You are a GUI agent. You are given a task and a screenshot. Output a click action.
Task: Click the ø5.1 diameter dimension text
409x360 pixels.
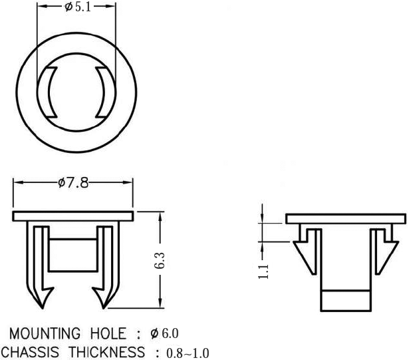(x=78, y=7)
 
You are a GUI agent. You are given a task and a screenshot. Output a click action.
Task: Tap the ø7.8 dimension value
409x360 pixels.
(x=73, y=183)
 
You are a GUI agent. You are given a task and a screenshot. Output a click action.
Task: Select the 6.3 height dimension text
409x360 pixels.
(x=160, y=261)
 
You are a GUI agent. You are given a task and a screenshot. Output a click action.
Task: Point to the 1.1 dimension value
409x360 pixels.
(x=263, y=271)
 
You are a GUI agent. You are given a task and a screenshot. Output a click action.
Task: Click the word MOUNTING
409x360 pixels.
(x=45, y=333)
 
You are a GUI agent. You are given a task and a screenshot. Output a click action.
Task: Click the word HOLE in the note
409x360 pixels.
(x=108, y=333)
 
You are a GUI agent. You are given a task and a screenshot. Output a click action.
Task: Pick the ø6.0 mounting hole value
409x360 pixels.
(x=164, y=333)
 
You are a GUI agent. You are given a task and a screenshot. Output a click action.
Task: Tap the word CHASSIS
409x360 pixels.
(x=30, y=352)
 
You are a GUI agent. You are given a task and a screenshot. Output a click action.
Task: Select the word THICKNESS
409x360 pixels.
(x=107, y=352)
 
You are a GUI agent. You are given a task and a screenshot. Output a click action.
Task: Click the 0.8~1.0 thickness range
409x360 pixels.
(x=188, y=353)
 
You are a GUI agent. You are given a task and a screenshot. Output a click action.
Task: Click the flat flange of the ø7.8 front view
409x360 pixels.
(x=73, y=216)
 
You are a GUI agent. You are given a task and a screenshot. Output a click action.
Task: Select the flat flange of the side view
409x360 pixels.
(x=346, y=219)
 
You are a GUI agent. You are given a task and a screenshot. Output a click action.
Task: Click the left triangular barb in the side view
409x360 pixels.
(x=307, y=257)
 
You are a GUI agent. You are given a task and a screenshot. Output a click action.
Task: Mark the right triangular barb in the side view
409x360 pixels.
(x=386, y=257)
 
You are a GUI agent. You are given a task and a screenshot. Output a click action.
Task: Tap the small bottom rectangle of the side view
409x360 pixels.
(x=346, y=301)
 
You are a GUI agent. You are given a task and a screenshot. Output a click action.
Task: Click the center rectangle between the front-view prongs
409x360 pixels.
(x=73, y=255)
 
